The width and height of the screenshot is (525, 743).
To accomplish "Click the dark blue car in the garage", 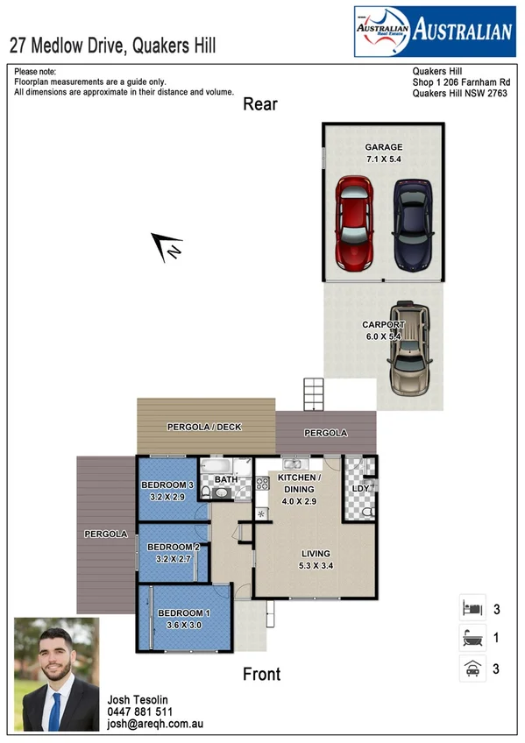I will (x=412, y=224).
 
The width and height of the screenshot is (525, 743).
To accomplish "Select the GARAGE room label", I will (x=384, y=147).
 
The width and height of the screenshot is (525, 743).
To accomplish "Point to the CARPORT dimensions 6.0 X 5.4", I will (x=384, y=336).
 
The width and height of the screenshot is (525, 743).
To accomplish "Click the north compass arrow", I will (x=167, y=247).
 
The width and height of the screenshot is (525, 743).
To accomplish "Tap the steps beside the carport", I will (x=314, y=394).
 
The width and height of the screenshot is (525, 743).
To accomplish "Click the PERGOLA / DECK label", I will (x=204, y=428).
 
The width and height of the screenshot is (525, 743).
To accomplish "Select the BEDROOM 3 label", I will (x=167, y=485).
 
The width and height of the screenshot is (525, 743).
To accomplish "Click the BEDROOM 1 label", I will (x=184, y=612).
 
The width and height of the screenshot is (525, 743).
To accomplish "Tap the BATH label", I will (x=226, y=479).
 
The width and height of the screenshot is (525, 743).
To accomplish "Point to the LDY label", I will (x=359, y=487).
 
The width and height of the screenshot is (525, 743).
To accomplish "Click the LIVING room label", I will (x=316, y=554).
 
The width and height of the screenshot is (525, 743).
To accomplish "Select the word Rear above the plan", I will (x=260, y=104).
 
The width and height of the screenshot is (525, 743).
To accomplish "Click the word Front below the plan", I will (x=261, y=674).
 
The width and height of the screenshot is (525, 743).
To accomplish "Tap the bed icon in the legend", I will (x=472, y=607).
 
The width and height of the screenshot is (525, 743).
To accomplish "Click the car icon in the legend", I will (x=472, y=669).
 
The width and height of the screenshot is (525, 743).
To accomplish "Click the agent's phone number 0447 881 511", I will (x=139, y=712).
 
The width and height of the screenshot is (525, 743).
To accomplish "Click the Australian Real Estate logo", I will (x=433, y=32).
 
